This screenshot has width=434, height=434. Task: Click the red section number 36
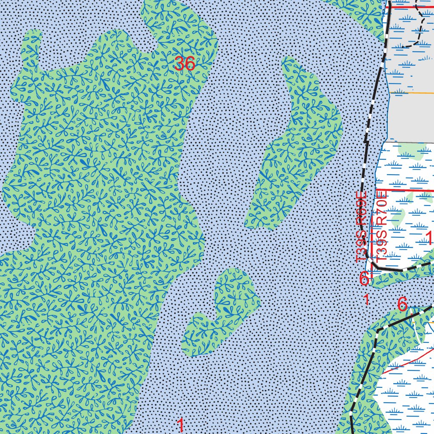click(x=184, y=64)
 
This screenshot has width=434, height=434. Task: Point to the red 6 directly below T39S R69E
click(x=364, y=278)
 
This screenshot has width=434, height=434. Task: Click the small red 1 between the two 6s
click(x=367, y=300)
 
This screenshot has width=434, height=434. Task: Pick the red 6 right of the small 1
click(x=402, y=304)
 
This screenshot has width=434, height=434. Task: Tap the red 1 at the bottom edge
click(x=181, y=425)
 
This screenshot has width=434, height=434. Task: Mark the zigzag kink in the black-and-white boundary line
click(x=365, y=140)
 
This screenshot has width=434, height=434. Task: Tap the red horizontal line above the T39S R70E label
click(x=407, y=191)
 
